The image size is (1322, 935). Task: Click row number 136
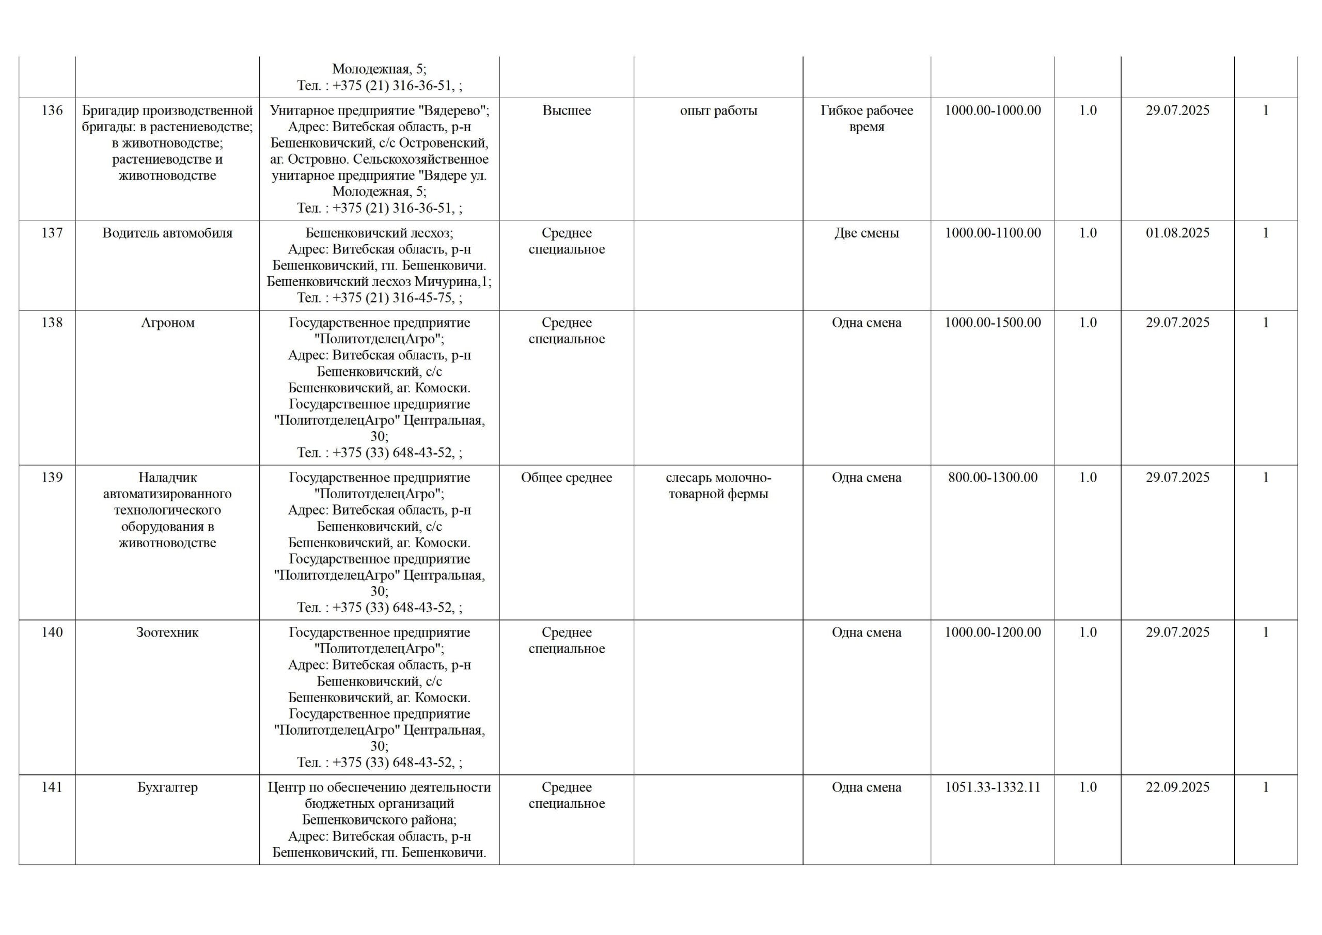(x=52, y=110)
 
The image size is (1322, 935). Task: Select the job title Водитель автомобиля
(x=167, y=233)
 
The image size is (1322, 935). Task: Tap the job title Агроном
(x=167, y=323)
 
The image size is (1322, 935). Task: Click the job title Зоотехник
(x=167, y=633)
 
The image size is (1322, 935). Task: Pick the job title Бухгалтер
(x=167, y=788)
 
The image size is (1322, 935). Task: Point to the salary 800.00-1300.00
(x=993, y=478)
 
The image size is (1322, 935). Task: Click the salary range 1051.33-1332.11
(x=993, y=788)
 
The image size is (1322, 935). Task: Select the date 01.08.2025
(x=1177, y=233)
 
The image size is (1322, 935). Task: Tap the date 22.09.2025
(x=1177, y=788)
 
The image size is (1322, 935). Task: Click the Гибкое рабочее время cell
(x=867, y=119)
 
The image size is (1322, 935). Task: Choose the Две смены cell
(x=867, y=233)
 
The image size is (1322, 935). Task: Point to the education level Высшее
(x=566, y=110)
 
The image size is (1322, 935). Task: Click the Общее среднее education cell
(x=566, y=478)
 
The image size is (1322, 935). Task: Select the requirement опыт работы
(x=718, y=110)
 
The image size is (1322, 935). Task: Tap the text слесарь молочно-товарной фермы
(x=718, y=486)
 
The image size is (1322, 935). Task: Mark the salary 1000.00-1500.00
(x=993, y=323)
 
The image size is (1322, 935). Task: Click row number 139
(x=52, y=478)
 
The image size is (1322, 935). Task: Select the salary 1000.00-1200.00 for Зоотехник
(x=993, y=633)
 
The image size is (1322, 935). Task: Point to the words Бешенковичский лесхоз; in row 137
(x=380, y=233)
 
